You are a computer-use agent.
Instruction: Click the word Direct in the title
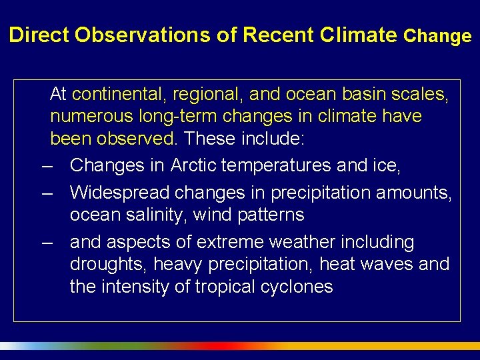click(39, 35)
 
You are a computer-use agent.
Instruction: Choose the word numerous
click(92, 117)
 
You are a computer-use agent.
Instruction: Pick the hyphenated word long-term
click(178, 117)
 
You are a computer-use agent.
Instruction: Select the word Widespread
click(119, 193)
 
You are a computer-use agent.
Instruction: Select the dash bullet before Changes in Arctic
click(47, 165)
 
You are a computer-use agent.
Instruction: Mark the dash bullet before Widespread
click(47, 193)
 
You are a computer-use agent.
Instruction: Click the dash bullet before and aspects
click(47, 243)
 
